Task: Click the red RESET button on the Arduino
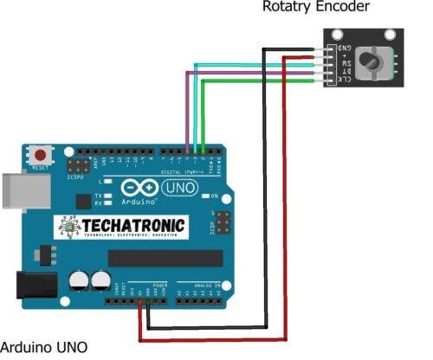tap(39, 154)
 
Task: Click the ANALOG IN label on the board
tap(200, 284)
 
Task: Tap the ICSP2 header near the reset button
tap(79, 164)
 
